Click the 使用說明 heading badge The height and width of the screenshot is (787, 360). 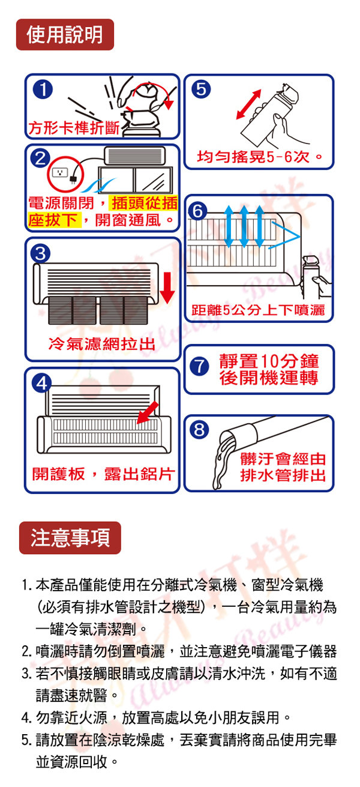tap(65, 34)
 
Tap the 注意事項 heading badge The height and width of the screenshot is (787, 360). tap(70, 538)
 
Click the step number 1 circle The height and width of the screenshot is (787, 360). tap(43, 89)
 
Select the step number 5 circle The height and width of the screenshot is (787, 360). tap(201, 89)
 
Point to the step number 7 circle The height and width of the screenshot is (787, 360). tap(199, 366)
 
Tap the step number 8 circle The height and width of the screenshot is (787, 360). tap(199, 429)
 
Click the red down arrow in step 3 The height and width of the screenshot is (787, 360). tap(167, 288)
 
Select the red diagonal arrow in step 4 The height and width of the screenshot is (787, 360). tap(148, 413)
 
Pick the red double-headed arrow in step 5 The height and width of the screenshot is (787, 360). tap(248, 104)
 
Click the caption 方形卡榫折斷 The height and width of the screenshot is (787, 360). tap(74, 128)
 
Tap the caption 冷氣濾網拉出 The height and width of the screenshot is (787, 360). tap(102, 344)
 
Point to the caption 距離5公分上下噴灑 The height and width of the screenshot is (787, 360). tap(258, 310)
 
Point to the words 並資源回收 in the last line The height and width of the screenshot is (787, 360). tap(71, 762)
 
